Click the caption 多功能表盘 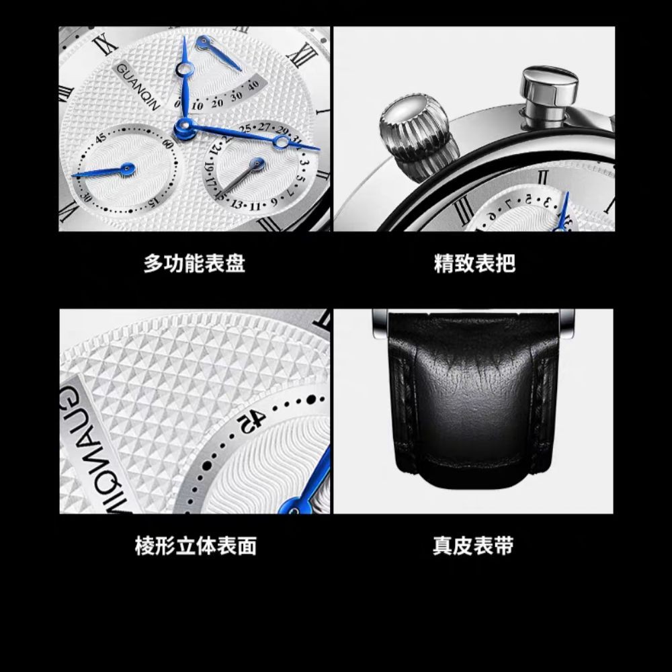(194, 263)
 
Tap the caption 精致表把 (475, 263)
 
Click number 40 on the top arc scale (253, 85)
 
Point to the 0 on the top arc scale (177, 104)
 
